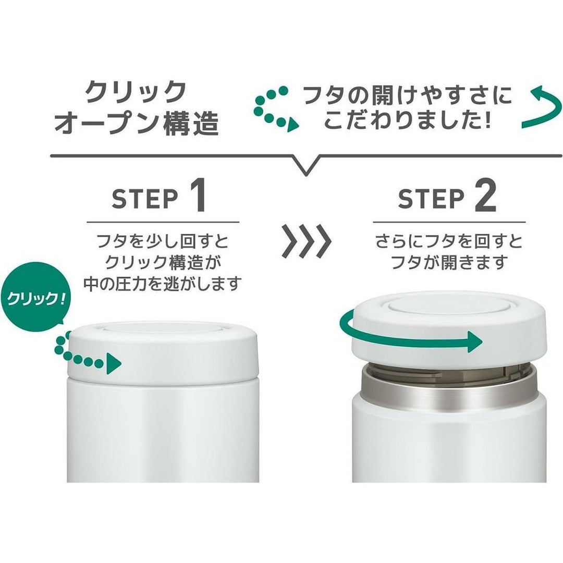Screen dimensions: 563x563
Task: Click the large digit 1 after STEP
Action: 197,195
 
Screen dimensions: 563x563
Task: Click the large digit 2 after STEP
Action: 486,195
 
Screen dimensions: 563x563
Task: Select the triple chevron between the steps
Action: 307,241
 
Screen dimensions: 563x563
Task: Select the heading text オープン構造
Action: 137,123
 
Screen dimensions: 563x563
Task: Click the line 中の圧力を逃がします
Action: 162,285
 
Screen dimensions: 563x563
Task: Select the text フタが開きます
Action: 449,262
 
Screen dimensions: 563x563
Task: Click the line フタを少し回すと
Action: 163,241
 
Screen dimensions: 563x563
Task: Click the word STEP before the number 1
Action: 145,199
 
